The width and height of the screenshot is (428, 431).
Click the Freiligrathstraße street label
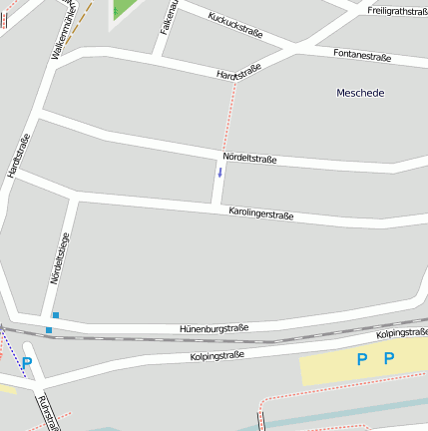tap(396, 10)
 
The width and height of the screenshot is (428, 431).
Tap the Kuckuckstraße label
tap(236, 25)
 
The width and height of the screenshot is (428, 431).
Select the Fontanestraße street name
tap(361, 56)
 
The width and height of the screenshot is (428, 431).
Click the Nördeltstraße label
tap(249, 158)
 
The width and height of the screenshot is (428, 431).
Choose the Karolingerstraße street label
tap(260, 213)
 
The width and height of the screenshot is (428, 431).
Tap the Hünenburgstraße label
tap(214, 327)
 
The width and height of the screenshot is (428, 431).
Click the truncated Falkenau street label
tap(168, 18)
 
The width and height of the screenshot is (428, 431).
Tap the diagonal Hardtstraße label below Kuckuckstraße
tap(238, 71)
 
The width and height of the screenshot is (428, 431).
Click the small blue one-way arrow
tap(219, 172)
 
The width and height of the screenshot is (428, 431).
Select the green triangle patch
tap(126, 8)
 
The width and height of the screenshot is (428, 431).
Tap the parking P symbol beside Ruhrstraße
tap(27, 363)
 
